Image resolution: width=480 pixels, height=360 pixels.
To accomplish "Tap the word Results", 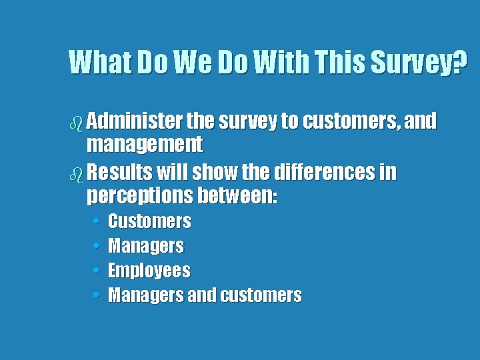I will (x=119, y=173).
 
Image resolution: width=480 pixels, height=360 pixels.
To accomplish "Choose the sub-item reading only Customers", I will (x=149, y=221).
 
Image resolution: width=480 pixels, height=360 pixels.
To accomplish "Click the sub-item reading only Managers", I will (x=146, y=246).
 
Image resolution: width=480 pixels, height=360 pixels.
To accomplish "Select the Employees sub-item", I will (x=149, y=271).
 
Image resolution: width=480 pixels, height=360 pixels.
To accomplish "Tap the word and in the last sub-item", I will (x=202, y=295).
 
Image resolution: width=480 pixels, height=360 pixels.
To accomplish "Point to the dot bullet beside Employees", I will (x=97, y=271).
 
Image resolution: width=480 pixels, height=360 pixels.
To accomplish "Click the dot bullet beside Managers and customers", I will (x=97, y=295).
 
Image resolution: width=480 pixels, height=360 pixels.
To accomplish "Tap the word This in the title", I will (x=333, y=63).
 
